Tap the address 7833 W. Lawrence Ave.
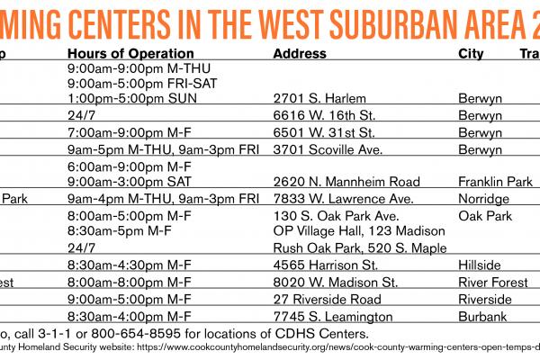[x=329, y=198]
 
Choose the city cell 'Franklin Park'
[x=495, y=181]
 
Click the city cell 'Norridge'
[x=483, y=198]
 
